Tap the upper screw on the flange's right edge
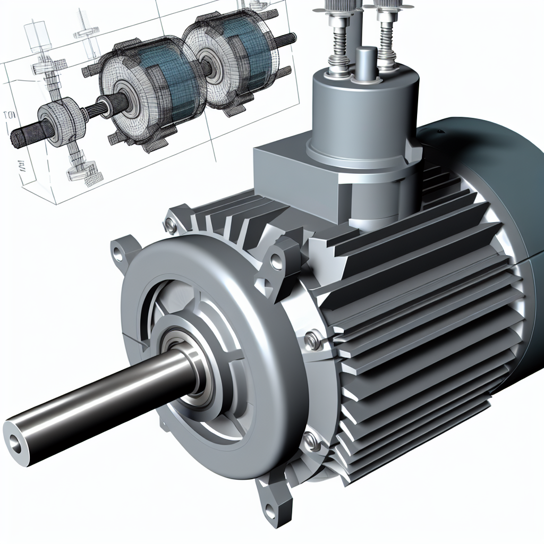click(313, 337)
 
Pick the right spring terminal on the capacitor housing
click(387, 37)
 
